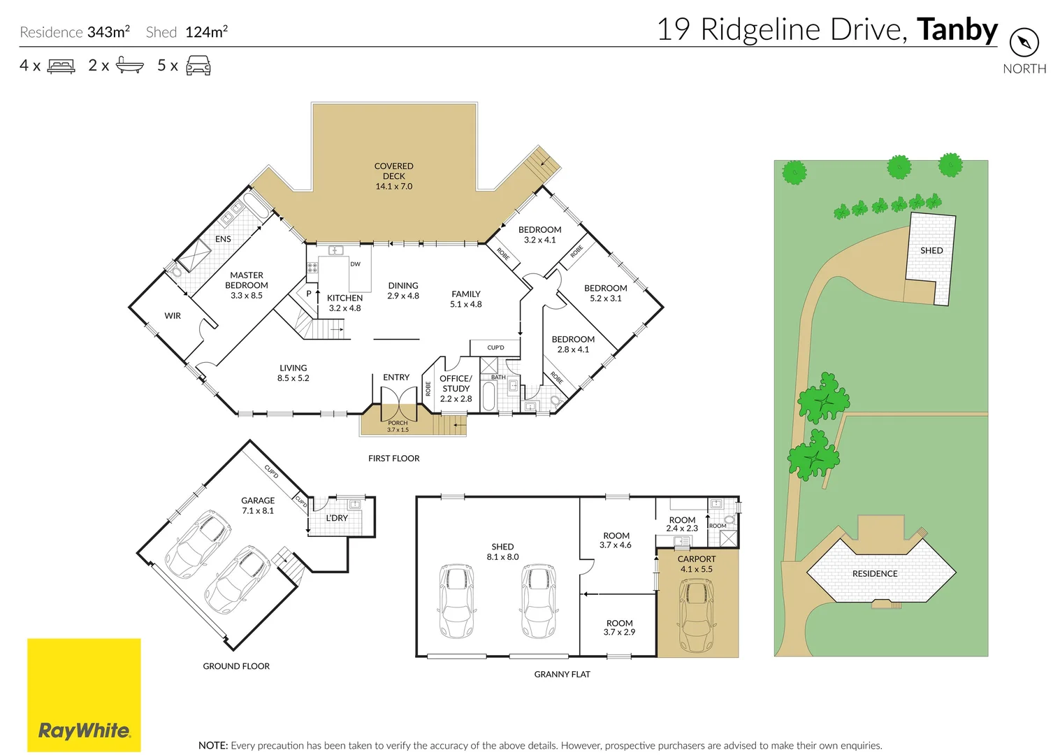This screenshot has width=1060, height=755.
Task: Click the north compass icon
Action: (1024, 43)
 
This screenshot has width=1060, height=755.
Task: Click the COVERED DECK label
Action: (393, 176)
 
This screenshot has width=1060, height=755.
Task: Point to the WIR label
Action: (173, 316)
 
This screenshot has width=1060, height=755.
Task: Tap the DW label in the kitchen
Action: (355, 264)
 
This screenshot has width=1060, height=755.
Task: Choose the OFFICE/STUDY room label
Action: (456, 388)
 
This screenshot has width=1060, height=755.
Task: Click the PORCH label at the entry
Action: (398, 424)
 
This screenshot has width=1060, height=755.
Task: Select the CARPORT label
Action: (696, 559)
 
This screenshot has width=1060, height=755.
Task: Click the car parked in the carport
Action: (697, 614)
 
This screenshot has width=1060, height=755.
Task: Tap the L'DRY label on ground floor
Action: (337, 518)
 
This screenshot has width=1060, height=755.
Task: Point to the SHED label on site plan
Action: (931, 250)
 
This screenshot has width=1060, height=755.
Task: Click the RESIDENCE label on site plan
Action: (875, 574)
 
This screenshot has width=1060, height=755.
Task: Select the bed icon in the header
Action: (61, 66)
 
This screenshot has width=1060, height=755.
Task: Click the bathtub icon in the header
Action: (129, 66)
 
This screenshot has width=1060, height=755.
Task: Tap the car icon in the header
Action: (198, 66)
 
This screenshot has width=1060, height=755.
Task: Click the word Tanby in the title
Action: (957, 30)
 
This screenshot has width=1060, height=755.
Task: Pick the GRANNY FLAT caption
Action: (562, 675)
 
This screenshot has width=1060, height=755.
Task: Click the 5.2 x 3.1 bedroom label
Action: (605, 293)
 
